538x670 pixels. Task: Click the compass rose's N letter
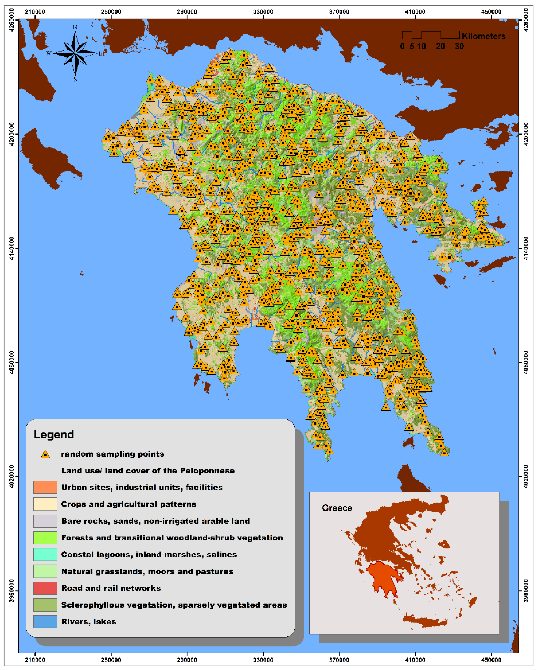click(x=75, y=28)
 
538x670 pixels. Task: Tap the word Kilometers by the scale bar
click(x=483, y=36)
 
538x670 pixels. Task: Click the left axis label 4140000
click(x=12, y=248)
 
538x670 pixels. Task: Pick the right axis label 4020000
click(x=526, y=476)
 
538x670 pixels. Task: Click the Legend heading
click(x=54, y=434)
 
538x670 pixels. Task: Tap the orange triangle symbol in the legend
click(x=45, y=454)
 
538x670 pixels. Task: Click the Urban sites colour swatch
click(x=45, y=487)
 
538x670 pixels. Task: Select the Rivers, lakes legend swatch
click(x=45, y=622)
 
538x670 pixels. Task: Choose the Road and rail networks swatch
click(x=45, y=588)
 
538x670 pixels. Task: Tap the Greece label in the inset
click(x=337, y=508)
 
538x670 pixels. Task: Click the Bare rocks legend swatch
click(x=45, y=521)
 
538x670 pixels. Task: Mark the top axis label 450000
click(x=491, y=12)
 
